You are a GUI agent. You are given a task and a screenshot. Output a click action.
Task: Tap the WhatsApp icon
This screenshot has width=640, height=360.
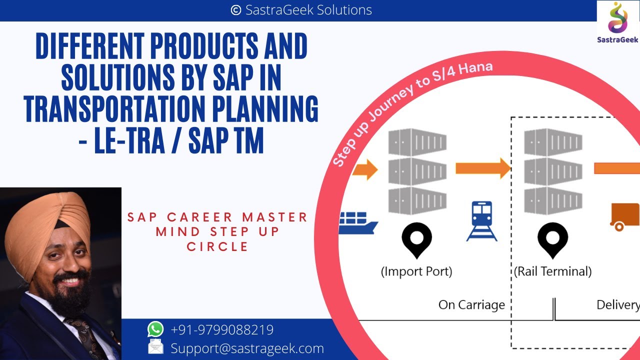coord(155,329)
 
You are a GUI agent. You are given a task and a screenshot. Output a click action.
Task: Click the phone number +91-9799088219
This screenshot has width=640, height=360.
coord(222,330)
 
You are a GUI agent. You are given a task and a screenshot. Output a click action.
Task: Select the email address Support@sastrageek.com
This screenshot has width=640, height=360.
coord(247,348)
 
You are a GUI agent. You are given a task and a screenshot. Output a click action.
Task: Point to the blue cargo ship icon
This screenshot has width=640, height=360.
coord(358,223)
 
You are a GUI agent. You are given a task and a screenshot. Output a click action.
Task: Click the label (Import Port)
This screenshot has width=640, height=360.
coord(416,271)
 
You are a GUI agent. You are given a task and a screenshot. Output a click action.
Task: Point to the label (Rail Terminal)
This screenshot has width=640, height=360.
coord(552,271)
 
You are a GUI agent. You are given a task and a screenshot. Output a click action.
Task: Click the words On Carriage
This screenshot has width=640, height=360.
coord(471,304)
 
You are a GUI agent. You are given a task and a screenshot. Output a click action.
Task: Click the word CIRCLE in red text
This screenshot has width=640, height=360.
coord(217,246)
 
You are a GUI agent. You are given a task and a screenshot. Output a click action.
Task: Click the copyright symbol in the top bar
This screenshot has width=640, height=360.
coord(236,10)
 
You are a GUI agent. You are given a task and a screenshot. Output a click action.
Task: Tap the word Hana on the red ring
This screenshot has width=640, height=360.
coord(474,69)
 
